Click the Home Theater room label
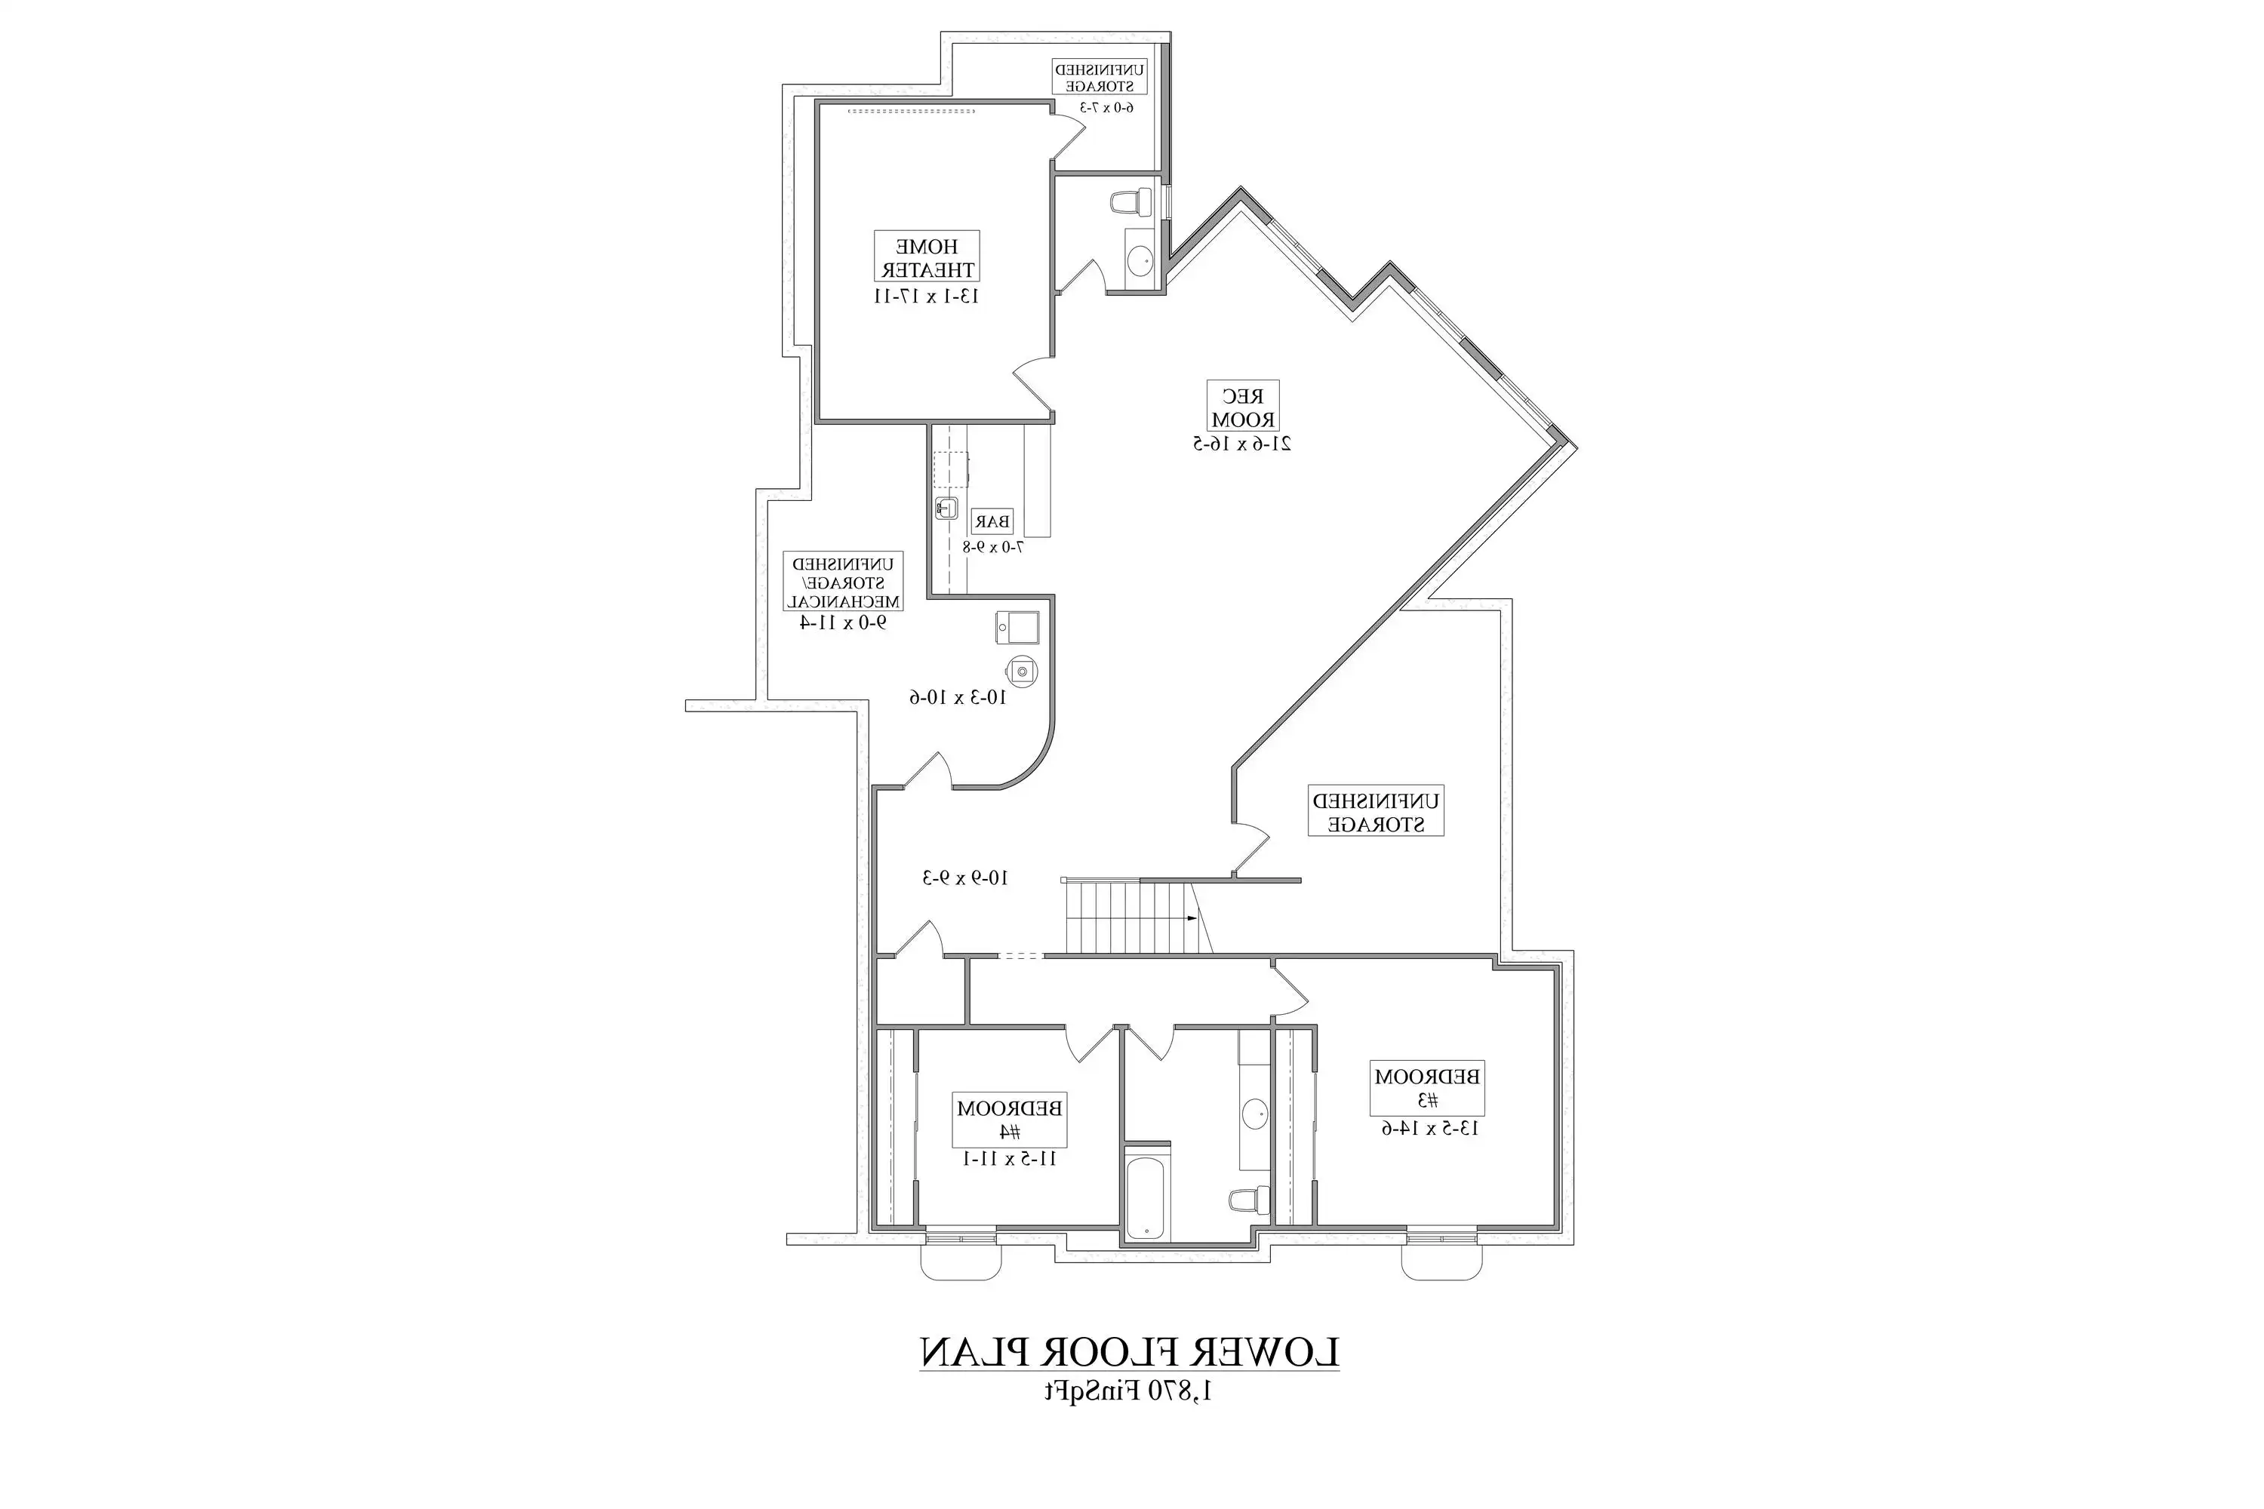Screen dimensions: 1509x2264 coord(926,257)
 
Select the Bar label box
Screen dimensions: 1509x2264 coord(992,521)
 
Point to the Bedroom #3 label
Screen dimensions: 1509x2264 coord(1426,1087)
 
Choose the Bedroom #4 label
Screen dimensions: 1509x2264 coord(1009,1119)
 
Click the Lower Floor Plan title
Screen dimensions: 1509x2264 coord(1129,1351)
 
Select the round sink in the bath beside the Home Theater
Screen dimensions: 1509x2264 coord(1140,259)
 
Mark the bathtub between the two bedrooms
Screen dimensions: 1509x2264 coord(1146,1199)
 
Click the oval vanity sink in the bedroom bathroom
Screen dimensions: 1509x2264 coord(1254,1114)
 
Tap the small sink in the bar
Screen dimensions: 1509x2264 coord(946,508)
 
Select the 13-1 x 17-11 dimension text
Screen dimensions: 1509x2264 coord(926,297)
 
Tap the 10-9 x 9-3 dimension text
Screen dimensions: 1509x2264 coord(965,877)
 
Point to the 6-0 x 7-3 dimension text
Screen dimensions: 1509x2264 coord(1106,107)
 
